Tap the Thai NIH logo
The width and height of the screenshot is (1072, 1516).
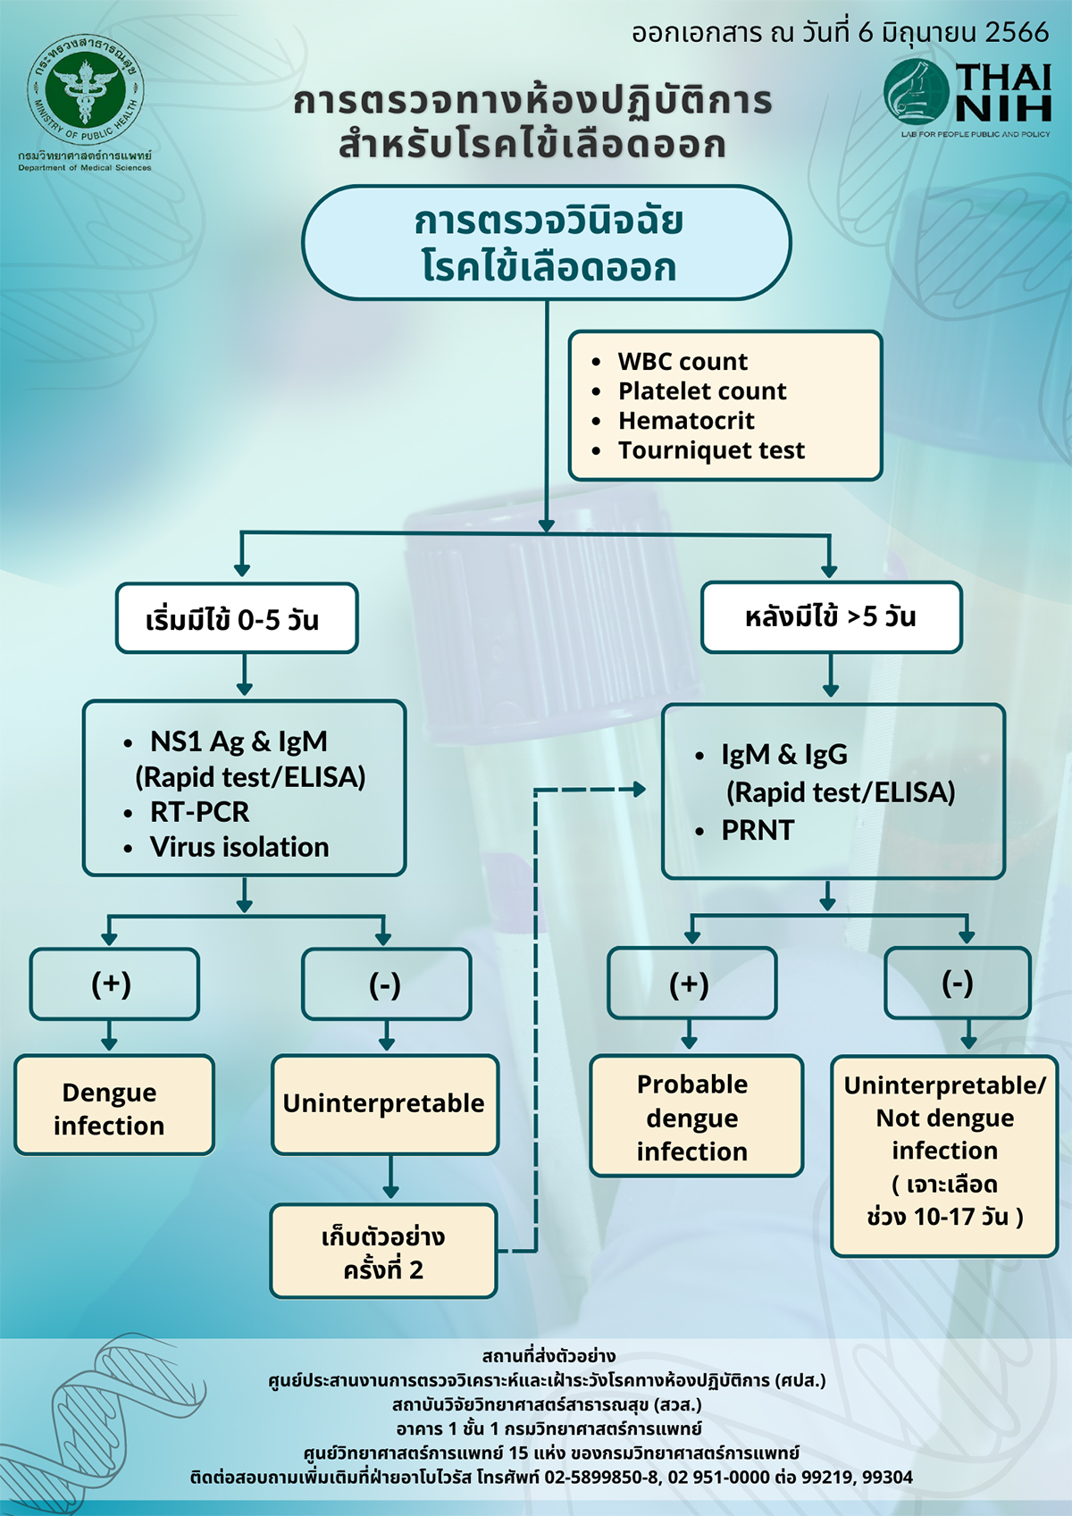click(967, 93)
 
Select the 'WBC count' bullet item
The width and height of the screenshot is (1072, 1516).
click(683, 362)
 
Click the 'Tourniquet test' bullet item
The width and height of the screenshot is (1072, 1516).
click(711, 450)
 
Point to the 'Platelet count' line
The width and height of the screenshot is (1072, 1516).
click(702, 391)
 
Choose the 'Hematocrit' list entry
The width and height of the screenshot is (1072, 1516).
click(686, 421)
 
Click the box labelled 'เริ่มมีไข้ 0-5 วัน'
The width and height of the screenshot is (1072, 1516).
click(237, 618)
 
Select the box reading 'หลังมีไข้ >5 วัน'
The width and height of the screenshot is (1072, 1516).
click(831, 617)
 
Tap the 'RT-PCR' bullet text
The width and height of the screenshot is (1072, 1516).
click(199, 812)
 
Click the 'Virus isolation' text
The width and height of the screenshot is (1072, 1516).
click(239, 847)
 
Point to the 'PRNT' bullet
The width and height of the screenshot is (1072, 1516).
click(758, 830)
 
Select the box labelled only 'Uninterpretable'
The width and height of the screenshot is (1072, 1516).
click(385, 1104)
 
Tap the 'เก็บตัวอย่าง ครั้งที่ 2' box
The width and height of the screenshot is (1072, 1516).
click(383, 1252)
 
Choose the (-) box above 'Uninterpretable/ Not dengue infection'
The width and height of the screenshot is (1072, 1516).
click(957, 984)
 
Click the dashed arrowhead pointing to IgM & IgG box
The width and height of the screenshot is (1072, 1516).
click(639, 790)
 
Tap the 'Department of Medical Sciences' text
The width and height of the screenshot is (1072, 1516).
click(85, 168)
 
